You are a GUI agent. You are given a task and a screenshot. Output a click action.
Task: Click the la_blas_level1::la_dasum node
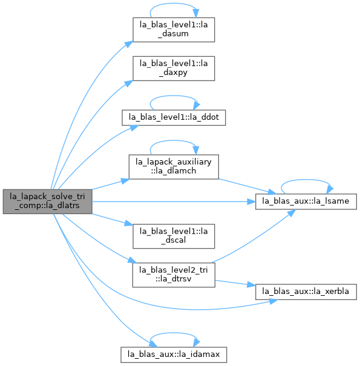click(x=174, y=30)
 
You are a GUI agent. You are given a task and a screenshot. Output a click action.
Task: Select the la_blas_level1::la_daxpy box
click(x=174, y=68)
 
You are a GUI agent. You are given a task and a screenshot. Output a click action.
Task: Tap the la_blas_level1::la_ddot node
click(x=174, y=117)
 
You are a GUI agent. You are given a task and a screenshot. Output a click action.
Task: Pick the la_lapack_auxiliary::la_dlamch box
click(x=174, y=166)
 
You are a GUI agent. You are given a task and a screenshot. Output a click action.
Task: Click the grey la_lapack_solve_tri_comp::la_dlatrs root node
click(x=47, y=201)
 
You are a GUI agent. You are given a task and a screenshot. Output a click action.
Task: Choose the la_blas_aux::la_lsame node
click(x=306, y=201)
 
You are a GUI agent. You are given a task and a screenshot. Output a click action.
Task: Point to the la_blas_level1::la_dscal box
click(x=174, y=236)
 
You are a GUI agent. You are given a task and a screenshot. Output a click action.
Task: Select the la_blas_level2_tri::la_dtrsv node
click(x=174, y=275)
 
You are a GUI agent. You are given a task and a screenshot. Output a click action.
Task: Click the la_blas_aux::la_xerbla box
click(x=306, y=292)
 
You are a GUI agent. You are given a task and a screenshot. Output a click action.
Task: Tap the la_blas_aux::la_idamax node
click(x=174, y=355)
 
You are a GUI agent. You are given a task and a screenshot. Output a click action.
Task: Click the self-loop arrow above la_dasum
click(x=174, y=4)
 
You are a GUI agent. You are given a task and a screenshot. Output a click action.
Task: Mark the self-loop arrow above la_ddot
click(x=174, y=96)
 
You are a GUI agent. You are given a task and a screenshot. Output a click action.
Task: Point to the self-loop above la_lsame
click(x=306, y=180)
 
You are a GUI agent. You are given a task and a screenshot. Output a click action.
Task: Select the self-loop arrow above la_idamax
click(x=174, y=333)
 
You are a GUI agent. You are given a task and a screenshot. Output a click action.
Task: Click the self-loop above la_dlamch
click(x=174, y=141)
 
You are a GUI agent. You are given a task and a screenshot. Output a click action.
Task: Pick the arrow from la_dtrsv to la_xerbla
click(x=235, y=283)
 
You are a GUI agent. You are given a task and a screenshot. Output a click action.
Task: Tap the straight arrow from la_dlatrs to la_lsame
click(x=174, y=201)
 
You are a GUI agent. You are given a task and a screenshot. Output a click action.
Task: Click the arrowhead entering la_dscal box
click(x=129, y=223)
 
